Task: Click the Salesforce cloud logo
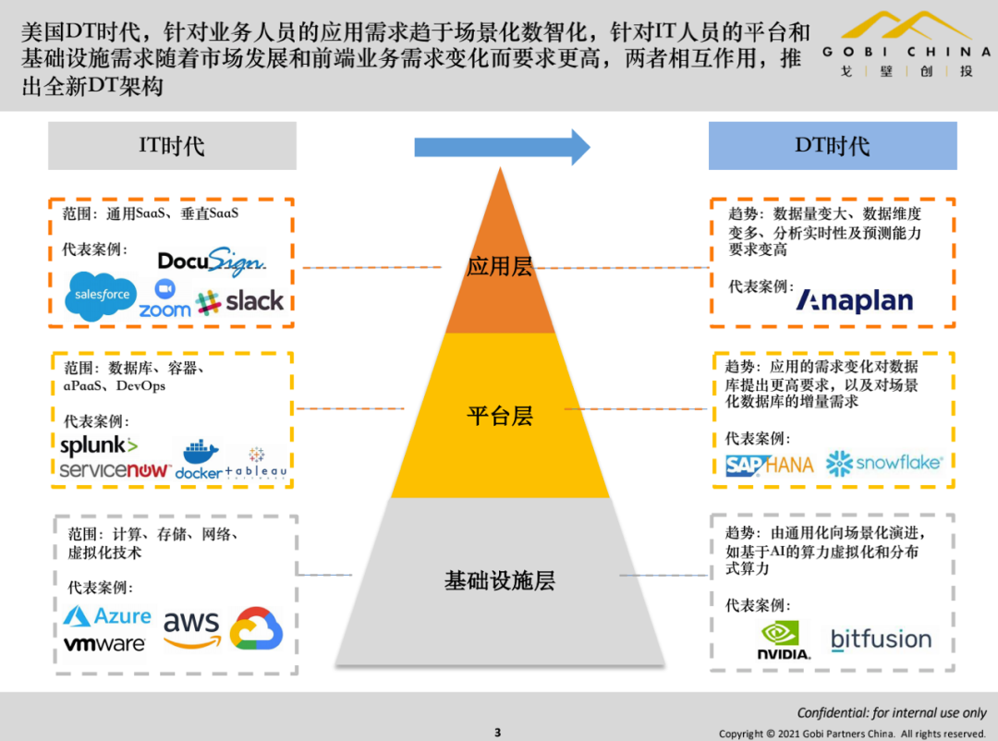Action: click(x=102, y=296)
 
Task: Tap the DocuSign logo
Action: click(x=212, y=261)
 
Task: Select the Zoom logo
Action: click(x=164, y=300)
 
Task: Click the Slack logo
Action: click(x=241, y=301)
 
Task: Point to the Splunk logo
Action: click(x=99, y=445)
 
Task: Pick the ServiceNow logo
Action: click(x=115, y=470)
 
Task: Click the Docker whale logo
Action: click(x=199, y=460)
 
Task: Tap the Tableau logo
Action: click(x=256, y=462)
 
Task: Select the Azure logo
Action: click(x=108, y=616)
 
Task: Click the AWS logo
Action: click(x=192, y=628)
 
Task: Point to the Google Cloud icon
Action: click(x=256, y=628)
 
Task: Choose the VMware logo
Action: click(x=104, y=643)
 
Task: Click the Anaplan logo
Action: click(x=855, y=300)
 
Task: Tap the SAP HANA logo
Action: click(x=769, y=465)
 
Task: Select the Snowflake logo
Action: click(x=883, y=463)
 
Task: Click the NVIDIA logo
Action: click(x=785, y=639)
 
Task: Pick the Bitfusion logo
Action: click(x=881, y=639)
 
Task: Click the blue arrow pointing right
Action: click(x=502, y=147)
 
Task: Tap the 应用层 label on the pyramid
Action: click(x=500, y=267)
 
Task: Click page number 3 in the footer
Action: click(x=497, y=733)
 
